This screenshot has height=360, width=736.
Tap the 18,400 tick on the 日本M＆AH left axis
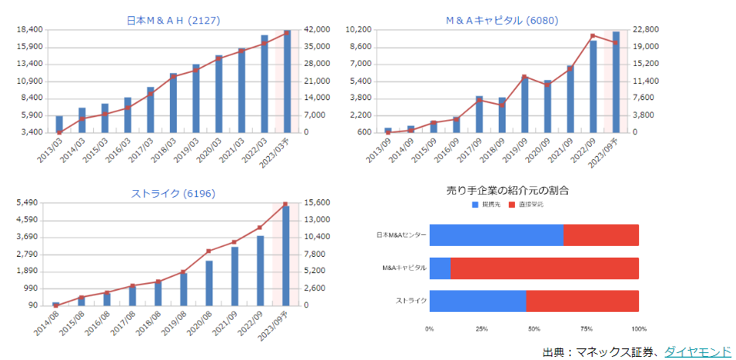[x=28, y=29]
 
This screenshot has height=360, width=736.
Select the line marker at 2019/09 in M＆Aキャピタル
[x=524, y=77]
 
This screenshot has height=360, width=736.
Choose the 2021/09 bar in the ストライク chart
[x=234, y=275]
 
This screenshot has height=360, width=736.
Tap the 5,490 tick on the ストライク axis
[x=29, y=202]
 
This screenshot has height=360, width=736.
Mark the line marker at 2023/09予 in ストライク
[x=285, y=204]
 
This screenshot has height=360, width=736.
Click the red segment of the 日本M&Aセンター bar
[x=601, y=235]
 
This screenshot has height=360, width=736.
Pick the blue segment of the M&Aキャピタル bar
[x=440, y=268]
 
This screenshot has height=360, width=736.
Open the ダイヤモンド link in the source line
[x=697, y=351]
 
